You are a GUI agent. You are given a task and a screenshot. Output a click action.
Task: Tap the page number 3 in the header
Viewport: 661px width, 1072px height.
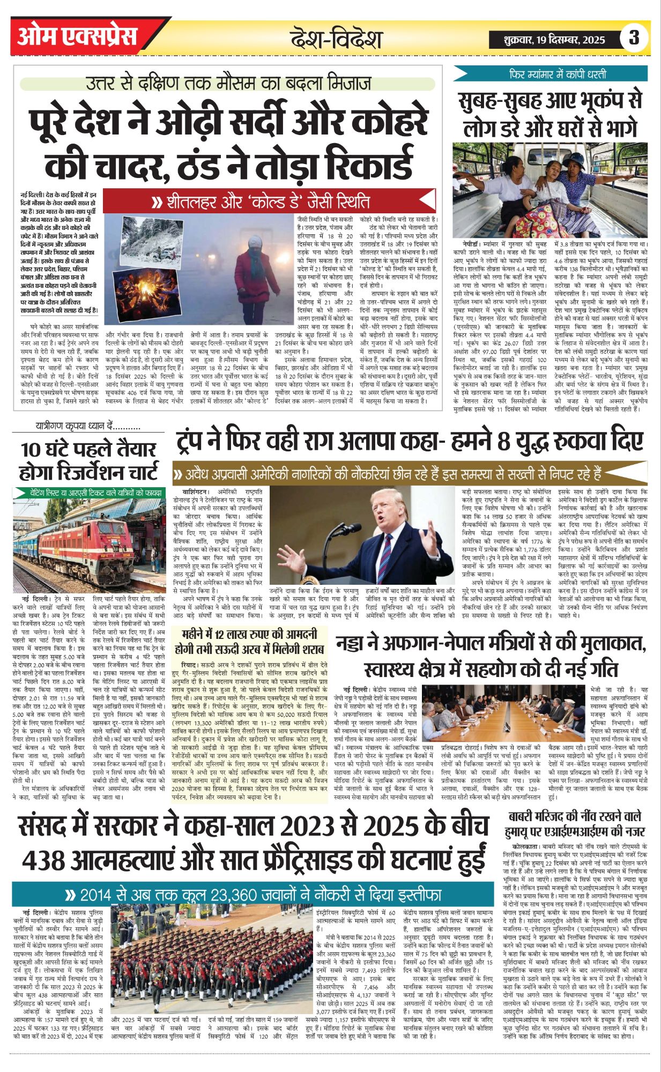coord(634,38)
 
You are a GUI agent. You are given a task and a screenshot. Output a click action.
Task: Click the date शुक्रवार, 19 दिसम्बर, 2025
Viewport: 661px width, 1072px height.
coord(554,39)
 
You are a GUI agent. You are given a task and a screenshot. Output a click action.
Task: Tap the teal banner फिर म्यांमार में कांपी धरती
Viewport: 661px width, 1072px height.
coord(550,73)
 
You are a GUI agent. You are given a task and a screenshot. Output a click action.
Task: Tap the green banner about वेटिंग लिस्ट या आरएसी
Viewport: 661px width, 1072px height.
coord(89,492)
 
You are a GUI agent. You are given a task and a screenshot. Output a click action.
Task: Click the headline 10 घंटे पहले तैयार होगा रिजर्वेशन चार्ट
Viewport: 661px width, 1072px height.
coord(89,461)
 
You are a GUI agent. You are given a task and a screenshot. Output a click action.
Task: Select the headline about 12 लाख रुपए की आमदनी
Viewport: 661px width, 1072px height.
coord(250,642)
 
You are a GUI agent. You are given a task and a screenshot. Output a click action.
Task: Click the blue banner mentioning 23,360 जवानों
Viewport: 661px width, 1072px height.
coord(252,895)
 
